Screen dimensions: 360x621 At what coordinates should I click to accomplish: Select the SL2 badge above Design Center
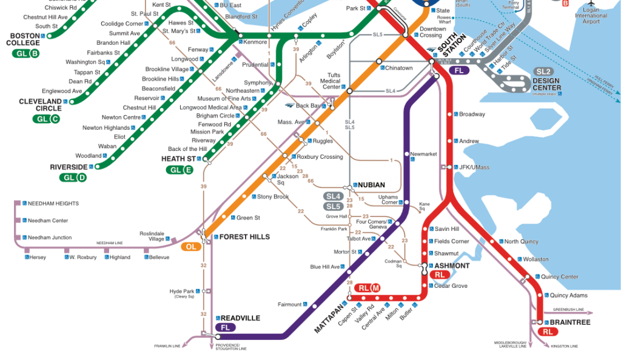543,72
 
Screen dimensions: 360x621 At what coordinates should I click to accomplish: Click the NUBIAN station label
371,185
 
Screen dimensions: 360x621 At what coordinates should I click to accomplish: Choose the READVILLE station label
240,318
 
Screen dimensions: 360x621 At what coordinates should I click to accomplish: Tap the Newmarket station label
423,154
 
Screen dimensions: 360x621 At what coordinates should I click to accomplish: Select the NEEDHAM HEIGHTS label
53,204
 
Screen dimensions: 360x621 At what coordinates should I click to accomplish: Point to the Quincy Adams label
569,296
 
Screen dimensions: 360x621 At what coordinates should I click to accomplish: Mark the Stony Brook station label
273,197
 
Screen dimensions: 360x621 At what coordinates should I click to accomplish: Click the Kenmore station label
255,42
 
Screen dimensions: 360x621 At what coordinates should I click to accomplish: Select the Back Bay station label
307,106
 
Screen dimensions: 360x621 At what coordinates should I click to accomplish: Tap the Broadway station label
472,115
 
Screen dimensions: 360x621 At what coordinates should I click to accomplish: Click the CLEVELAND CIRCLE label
40,105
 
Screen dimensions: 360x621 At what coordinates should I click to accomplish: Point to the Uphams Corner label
388,200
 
